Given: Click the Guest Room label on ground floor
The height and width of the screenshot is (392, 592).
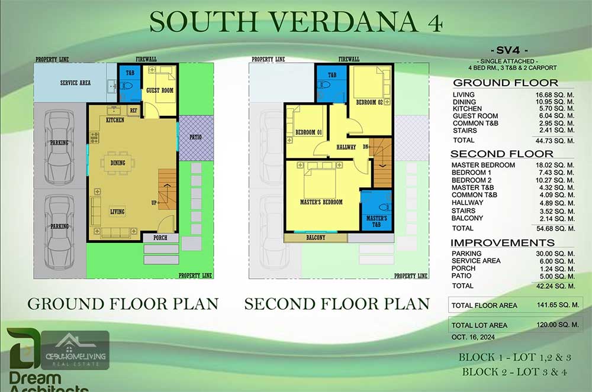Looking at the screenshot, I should [160, 90].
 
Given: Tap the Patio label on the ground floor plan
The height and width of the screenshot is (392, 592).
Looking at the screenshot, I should [195, 137].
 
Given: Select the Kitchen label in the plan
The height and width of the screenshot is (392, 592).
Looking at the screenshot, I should [115, 120].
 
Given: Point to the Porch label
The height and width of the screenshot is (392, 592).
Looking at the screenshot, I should [160, 238].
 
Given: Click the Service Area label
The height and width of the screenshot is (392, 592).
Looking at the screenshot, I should [75, 83].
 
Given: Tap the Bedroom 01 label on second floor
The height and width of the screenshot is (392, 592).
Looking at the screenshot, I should [308, 132].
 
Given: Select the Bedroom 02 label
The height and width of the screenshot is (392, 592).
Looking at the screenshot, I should [370, 102].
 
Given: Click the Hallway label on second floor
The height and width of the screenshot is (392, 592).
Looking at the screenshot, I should [346, 147].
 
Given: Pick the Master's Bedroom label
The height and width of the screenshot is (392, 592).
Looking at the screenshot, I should [321, 202].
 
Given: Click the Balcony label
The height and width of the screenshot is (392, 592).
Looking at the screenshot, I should [316, 238].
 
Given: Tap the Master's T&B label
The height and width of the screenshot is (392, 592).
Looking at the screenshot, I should [377, 222].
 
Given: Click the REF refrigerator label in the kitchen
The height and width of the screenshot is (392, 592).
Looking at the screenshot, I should [134, 110].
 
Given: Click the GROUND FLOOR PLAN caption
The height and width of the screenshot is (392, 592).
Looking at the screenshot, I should [123, 304].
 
